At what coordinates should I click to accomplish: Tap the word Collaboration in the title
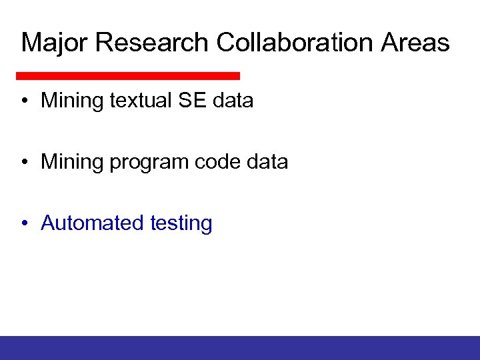(x=295, y=43)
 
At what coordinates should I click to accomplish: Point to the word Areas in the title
(x=416, y=43)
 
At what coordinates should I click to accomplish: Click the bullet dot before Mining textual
(x=24, y=101)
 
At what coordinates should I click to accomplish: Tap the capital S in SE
(x=185, y=101)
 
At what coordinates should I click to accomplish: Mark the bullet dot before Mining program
(x=24, y=163)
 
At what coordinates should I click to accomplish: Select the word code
(x=219, y=162)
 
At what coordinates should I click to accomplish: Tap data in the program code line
(x=267, y=162)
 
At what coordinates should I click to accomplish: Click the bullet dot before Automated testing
(x=24, y=224)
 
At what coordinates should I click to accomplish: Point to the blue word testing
(x=181, y=224)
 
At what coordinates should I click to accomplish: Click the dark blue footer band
(x=240, y=347)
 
